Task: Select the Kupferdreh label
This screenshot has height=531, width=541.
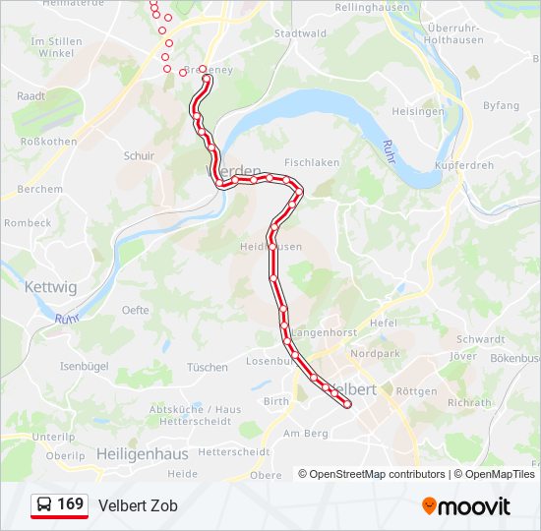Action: tap(463, 165)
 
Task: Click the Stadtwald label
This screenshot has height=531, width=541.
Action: tap(300, 33)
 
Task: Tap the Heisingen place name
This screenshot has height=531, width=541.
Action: tap(418, 111)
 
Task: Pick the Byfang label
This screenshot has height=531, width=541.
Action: tap(501, 105)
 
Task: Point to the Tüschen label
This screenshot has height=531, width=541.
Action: tap(208, 367)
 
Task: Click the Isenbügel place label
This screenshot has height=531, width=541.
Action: tap(84, 366)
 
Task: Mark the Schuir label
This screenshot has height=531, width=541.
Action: tap(139, 155)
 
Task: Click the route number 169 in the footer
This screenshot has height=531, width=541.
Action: tap(70, 504)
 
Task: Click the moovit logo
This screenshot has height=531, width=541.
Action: tap(466, 505)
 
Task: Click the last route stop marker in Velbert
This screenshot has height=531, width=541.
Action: tap(347, 403)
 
